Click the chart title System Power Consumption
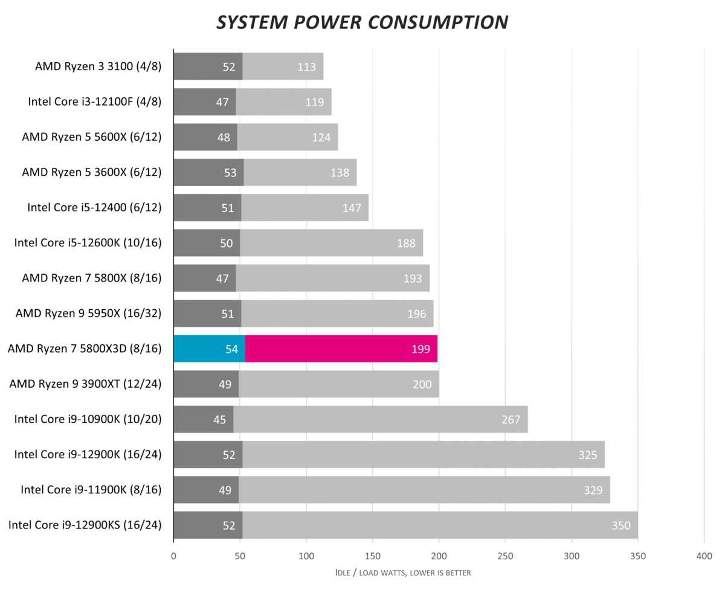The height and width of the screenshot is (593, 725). pyautogui.click(x=362, y=22)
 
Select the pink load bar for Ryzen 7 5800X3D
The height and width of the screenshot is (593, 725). pyautogui.click(x=341, y=349)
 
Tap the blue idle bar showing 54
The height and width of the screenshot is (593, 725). pyautogui.click(x=209, y=349)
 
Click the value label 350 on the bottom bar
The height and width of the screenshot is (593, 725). pyautogui.click(x=620, y=525)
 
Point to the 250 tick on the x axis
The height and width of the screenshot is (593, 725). pyautogui.click(x=505, y=556)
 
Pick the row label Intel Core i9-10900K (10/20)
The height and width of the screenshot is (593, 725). pyautogui.click(x=88, y=419)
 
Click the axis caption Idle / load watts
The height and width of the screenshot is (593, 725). pyautogui.click(x=402, y=572)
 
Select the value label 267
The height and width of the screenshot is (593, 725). pyautogui.click(x=511, y=420)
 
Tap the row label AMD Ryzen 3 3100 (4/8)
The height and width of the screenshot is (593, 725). pyautogui.click(x=98, y=66)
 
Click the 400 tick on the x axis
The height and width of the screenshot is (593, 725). pyautogui.click(x=704, y=556)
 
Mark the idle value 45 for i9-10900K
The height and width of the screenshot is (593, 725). pyautogui.click(x=219, y=420)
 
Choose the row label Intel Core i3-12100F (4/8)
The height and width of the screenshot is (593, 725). pyautogui.click(x=95, y=101)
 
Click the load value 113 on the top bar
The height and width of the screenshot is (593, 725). pyautogui.click(x=306, y=66)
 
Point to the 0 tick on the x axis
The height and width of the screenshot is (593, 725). pyautogui.click(x=173, y=556)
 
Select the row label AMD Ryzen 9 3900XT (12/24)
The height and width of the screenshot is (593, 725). pyautogui.click(x=85, y=384)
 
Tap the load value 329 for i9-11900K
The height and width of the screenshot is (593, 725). pyautogui.click(x=593, y=490)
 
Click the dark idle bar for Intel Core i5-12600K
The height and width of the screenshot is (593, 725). pyautogui.click(x=207, y=243)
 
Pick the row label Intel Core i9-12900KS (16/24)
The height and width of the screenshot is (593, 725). pyautogui.click(x=85, y=525)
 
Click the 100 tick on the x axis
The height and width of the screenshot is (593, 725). pyautogui.click(x=306, y=556)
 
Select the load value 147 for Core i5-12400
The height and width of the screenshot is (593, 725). pyautogui.click(x=351, y=208)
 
